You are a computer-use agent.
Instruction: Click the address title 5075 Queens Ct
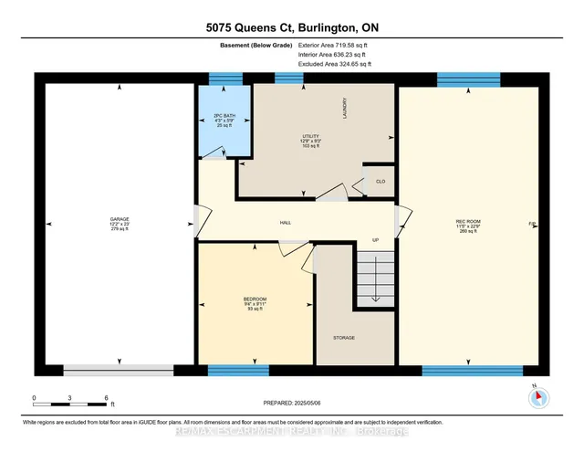click(x=291, y=27)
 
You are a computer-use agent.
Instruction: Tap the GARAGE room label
click(x=120, y=219)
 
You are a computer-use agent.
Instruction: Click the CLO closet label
click(x=381, y=182)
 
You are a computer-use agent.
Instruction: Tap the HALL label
click(x=286, y=222)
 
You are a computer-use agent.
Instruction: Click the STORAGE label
click(x=343, y=338)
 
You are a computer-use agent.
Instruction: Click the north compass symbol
click(x=538, y=396)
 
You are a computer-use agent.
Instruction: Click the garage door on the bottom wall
click(x=118, y=370)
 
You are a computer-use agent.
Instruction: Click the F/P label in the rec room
click(x=531, y=224)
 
